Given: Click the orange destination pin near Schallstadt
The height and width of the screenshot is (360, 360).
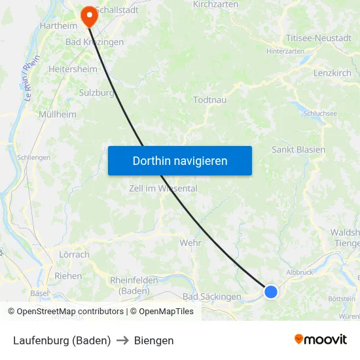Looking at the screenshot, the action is (x=88, y=16).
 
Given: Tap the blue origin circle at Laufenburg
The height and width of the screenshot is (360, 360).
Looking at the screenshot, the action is (x=271, y=292).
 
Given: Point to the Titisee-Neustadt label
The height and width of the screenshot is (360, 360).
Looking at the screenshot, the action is (x=319, y=38).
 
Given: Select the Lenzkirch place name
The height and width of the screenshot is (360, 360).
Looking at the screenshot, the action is (x=333, y=73).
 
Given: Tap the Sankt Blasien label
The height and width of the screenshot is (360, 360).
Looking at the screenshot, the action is (x=298, y=150).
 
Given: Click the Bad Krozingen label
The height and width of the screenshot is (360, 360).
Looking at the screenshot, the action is (x=95, y=42).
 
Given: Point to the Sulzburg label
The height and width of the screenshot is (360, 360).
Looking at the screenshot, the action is (x=97, y=92).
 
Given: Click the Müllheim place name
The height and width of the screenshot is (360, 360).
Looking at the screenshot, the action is (x=58, y=115).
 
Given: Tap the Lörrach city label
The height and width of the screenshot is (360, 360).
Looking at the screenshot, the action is (x=74, y=255).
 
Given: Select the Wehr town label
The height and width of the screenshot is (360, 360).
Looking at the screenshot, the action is (x=190, y=243).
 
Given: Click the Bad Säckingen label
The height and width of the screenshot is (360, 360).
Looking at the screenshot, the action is (x=212, y=297).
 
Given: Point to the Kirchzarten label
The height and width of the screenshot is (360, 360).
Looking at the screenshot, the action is (x=215, y=5).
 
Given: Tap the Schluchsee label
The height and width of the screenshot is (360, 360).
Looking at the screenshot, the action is (x=320, y=113).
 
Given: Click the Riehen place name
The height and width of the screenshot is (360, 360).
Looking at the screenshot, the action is (x=68, y=276).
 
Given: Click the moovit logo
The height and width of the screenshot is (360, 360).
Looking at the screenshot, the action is (x=321, y=340).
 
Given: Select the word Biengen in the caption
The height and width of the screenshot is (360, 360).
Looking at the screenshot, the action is (x=154, y=340).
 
